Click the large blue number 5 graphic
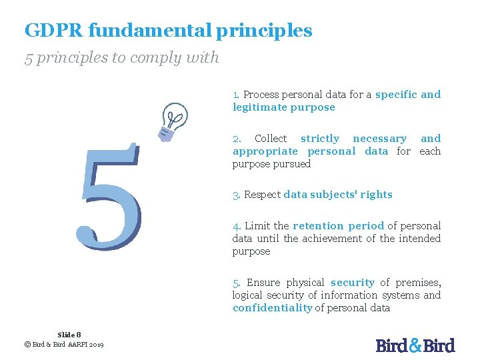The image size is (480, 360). [x=111, y=197]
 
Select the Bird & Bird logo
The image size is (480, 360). [x=415, y=345]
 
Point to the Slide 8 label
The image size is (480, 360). [x=69, y=335]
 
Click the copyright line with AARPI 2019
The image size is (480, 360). [x=64, y=344]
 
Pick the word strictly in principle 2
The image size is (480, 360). [x=320, y=139]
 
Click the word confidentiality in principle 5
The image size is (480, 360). [x=272, y=308]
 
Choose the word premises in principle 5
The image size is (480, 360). [x=417, y=283]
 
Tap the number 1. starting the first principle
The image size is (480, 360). [x=237, y=95]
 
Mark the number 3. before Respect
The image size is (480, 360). [x=237, y=195]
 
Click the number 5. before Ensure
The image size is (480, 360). [x=237, y=283]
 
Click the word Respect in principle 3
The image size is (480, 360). [x=262, y=195]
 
